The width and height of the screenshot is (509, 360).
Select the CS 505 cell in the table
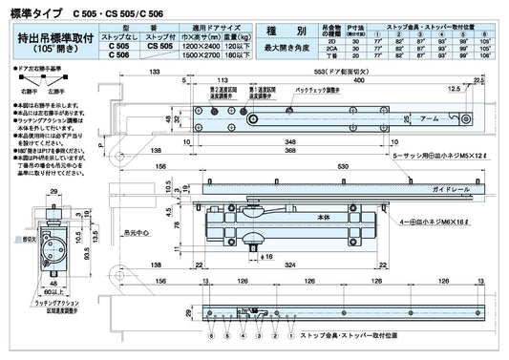coord(160,45)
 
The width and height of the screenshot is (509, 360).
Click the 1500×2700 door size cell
coord(201,53)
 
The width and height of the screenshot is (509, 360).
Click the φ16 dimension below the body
coord(270,257)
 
